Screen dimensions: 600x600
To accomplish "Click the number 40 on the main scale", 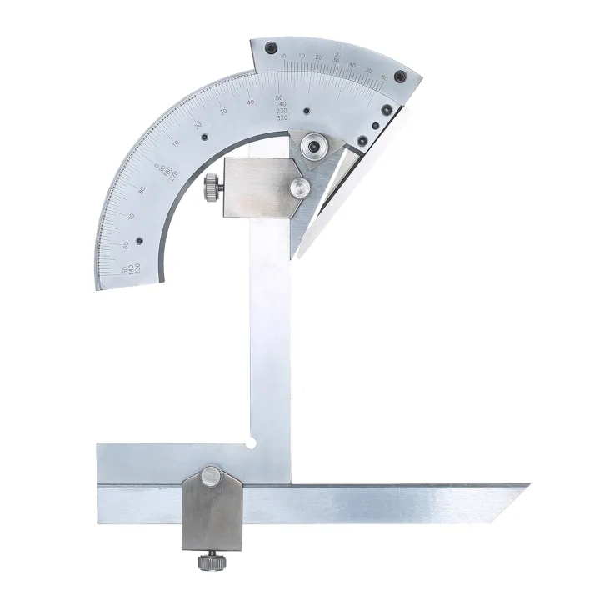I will click(x=251, y=102).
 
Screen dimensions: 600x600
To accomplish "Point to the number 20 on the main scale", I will click(x=198, y=125).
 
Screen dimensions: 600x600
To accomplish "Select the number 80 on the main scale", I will click(x=142, y=190).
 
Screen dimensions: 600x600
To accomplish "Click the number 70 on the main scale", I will click(x=131, y=217).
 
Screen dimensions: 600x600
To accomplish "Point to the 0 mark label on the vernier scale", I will click(x=284, y=56).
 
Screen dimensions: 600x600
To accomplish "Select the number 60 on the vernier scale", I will click(x=384, y=77).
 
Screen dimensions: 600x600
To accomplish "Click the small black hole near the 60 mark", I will click(x=139, y=241).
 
